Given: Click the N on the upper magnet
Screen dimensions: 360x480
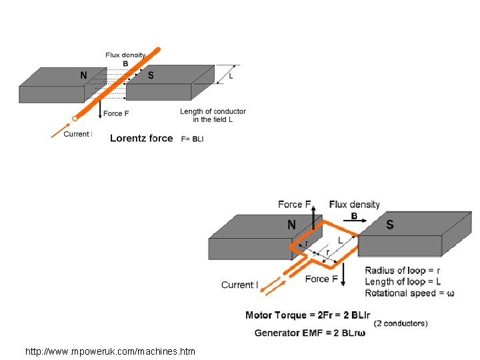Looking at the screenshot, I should [x=83, y=75].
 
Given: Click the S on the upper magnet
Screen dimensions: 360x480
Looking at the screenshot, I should [x=151, y=75].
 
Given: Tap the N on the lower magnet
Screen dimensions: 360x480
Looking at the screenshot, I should [x=291, y=225].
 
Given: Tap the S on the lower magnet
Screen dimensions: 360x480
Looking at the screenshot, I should [x=390, y=225].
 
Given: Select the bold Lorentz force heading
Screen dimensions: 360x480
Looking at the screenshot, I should [x=141, y=139].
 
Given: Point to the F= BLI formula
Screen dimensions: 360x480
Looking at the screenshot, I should [x=193, y=139].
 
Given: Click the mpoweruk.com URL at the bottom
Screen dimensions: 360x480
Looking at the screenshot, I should [x=110, y=351].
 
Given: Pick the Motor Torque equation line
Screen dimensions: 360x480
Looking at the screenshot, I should [x=307, y=315].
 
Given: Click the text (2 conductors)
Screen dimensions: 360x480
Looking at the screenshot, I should [x=401, y=323].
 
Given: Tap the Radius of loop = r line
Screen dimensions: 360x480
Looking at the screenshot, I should [x=402, y=271].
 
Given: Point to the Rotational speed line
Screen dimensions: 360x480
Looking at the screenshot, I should [x=409, y=293].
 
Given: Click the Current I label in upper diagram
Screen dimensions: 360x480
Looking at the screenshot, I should [x=77, y=134].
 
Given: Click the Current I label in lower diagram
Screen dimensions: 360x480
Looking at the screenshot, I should [x=239, y=285].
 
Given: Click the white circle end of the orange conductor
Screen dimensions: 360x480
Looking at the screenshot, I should [x=75, y=119].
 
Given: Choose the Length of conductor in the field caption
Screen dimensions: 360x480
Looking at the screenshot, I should [x=213, y=115].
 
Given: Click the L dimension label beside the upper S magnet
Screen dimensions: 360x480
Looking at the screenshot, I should [x=231, y=76].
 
